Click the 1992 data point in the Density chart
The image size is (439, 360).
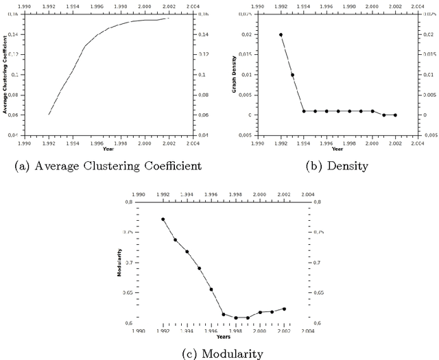tap(281, 34)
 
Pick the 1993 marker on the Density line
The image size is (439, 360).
tap(292, 75)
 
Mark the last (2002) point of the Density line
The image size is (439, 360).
tap(395, 115)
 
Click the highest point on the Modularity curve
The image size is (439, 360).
tap(163, 219)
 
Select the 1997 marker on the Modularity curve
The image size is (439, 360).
tap(224, 314)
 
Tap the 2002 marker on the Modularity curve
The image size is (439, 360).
tap(284, 309)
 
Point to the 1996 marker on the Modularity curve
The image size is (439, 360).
tap(211, 289)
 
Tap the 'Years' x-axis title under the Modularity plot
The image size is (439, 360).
tap(223, 337)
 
